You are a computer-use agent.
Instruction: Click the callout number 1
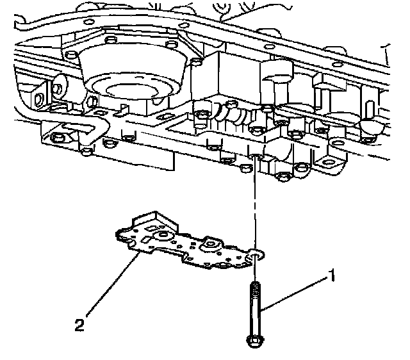click(x=332, y=277)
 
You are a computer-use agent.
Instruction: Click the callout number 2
click(x=79, y=325)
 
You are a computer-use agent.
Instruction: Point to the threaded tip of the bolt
click(x=256, y=289)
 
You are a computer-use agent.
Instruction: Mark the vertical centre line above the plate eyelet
click(x=256, y=205)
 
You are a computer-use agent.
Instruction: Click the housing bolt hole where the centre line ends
click(x=256, y=158)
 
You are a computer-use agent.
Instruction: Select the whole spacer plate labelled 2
click(x=186, y=243)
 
